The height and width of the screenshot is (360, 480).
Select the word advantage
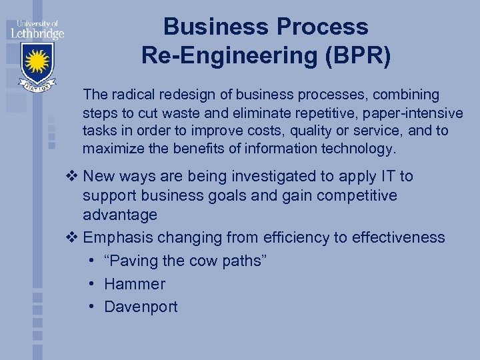120,215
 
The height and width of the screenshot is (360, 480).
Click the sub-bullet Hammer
135,284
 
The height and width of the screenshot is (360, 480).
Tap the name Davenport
141,307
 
